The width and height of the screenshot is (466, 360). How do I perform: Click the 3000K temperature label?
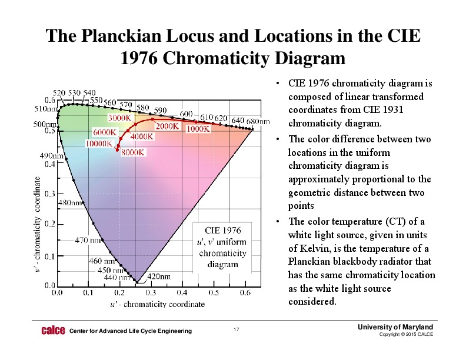119,118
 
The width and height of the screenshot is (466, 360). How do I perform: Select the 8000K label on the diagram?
134,152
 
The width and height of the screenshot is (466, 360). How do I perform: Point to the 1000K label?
199,129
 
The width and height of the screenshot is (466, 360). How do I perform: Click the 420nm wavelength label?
159,276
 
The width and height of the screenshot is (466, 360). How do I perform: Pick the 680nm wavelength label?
258,121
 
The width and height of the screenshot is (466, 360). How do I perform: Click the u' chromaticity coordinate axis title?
158,304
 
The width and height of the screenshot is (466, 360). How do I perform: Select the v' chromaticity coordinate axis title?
38,224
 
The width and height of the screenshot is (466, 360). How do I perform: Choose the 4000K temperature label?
142,136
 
